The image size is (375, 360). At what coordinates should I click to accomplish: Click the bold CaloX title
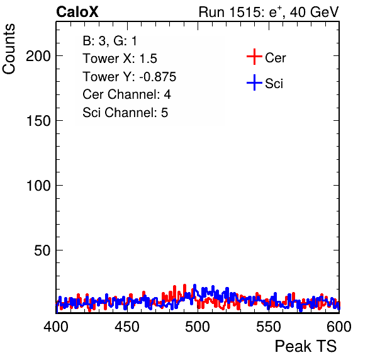pos(77,12)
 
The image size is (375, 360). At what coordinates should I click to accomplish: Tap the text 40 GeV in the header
pos(314,12)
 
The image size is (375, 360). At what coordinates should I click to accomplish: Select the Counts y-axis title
pos(9,49)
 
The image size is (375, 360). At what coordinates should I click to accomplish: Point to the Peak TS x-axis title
pos(306,346)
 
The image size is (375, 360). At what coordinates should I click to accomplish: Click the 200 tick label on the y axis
pos(38,57)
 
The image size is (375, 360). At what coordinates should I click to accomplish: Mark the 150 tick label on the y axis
pos(38,121)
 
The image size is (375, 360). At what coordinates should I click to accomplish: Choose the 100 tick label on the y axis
pos(38,186)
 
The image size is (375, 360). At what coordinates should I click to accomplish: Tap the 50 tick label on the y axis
pos(42,250)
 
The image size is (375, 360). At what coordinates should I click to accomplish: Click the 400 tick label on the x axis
pos(56,327)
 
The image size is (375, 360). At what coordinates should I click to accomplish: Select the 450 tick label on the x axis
pos(126,327)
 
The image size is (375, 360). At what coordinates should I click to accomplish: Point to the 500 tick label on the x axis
pos(198,327)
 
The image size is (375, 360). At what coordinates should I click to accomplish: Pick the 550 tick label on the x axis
pos(268,327)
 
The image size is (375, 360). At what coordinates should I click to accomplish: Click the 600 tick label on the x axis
pos(339,327)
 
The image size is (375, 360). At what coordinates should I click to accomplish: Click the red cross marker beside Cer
pos(254,57)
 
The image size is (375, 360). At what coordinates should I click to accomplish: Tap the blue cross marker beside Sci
pos(254,82)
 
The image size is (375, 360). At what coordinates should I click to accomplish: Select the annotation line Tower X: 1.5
pos(120,59)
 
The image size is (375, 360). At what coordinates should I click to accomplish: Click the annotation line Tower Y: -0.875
pos(130,77)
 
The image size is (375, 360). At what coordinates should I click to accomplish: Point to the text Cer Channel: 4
pos(126,94)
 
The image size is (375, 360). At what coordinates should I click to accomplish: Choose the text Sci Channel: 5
pos(125,113)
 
